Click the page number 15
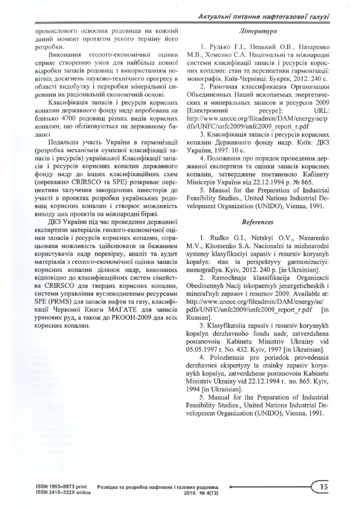[x=323, y=487]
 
